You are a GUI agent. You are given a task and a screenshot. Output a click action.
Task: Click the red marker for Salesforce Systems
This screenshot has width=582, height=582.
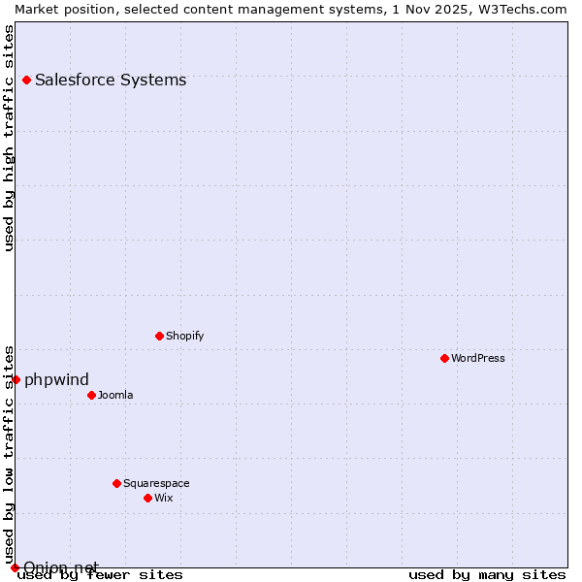click(x=27, y=80)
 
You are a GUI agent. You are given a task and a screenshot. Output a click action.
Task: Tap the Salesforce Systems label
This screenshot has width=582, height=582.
click(x=111, y=80)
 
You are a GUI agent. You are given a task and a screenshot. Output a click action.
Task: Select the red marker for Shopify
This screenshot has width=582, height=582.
click(x=160, y=336)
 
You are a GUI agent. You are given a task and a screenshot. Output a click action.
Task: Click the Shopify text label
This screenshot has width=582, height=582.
click(x=184, y=336)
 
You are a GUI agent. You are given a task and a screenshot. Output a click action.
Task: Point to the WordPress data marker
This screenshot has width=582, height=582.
click(x=445, y=358)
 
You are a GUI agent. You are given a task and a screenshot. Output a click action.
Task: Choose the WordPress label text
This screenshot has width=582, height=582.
click(x=478, y=358)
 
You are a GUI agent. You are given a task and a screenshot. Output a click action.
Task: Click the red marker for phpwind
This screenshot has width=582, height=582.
click(x=16, y=379)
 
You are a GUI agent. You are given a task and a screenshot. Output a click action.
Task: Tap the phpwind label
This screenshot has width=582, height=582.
click(x=56, y=379)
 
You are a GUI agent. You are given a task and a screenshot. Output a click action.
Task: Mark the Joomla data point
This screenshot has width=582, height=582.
click(x=92, y=395)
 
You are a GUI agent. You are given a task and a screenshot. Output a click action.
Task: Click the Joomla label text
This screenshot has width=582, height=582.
click(x=115, y=395)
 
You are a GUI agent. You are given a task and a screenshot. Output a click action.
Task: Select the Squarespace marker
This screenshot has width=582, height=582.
click(x=117, y=483)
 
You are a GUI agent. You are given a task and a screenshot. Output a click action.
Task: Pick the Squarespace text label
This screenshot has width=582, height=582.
click(x=156, y=483)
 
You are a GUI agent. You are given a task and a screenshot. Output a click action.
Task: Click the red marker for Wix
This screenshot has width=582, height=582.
click(x=148, y=498)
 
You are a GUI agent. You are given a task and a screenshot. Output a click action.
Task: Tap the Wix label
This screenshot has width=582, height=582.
click(x=164, y=498)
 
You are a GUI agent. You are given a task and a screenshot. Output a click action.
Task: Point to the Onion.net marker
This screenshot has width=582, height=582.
click(x=15, y=567)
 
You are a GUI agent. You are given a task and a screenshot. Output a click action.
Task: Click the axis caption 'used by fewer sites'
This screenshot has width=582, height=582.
click(x=100, y=574)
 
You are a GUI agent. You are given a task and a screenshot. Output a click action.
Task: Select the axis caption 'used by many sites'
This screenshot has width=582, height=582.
click(x=487, y=574)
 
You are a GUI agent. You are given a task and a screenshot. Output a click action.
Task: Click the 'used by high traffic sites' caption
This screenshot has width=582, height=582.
click(x=9, y=138)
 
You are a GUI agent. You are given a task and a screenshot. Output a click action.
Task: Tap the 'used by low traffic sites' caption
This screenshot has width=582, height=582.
click(x=9, y=454)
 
